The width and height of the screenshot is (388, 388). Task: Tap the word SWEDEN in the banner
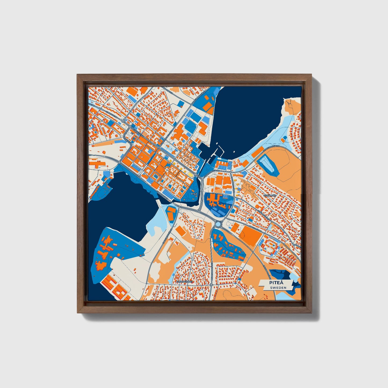point(278,288)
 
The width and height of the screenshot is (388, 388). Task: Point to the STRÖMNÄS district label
point(270,195)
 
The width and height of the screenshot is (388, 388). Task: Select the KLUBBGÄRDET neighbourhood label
point(185,282)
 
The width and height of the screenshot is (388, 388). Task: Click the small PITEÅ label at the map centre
point(194,193)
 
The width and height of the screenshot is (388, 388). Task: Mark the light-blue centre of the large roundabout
point(219,224)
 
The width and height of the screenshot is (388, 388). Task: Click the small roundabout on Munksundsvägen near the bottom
point(211,285)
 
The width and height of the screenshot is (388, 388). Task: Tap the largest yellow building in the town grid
point(190,174)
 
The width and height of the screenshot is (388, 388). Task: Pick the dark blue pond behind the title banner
point(281,275)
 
